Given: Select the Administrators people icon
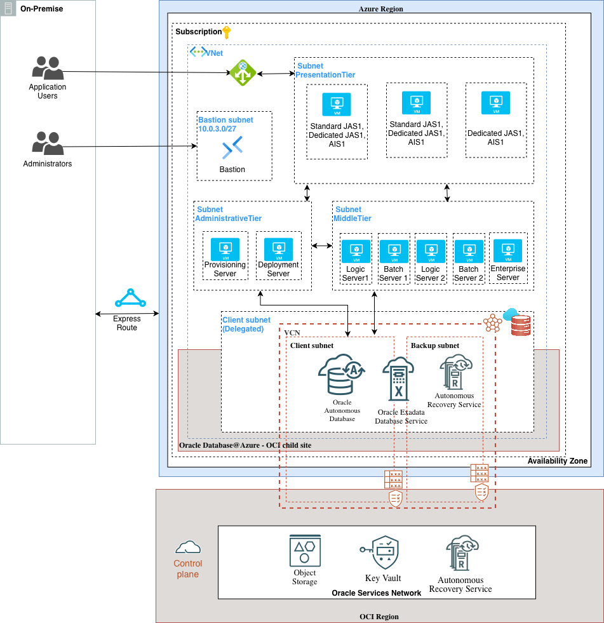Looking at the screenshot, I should click(47, 144).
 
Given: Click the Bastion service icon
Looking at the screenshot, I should click(232, 150).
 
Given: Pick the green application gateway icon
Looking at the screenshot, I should click(242, 73).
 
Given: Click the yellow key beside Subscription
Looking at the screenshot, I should click(227, 32).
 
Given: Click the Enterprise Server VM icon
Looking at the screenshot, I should click(507, 251).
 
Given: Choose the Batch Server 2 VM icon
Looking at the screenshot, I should click(469, 251).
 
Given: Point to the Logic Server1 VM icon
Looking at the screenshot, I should click(356, 251).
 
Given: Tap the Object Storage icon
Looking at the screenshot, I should click(305, 551).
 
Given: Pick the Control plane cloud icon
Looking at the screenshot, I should click(188, 547).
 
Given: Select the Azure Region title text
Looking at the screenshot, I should click(380, 9).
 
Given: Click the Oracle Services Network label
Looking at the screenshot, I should click(376, 593).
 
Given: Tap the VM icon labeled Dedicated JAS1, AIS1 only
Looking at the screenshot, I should click(495, 103).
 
